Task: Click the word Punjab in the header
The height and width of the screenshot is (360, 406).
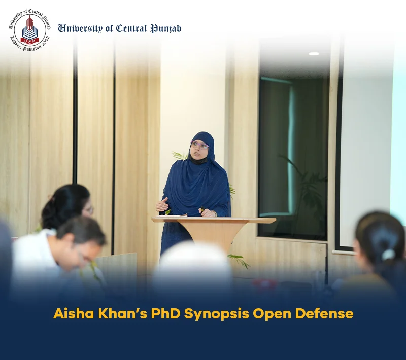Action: (166, 29)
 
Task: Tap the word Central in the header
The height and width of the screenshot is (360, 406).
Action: (131, 28)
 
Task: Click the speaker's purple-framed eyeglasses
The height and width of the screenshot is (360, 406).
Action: (199, 145)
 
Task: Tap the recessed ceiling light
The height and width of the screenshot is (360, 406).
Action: (314, 54)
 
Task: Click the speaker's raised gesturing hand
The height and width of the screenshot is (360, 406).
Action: (162, 204)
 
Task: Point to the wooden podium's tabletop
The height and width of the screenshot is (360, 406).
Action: (214, 220)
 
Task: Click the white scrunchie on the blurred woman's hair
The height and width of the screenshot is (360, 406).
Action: (388, 255)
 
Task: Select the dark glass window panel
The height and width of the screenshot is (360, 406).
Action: (293, 158)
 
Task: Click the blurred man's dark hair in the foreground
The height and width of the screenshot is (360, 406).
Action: (81, 230)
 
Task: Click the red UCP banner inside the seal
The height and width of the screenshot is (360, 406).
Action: (30, 40)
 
